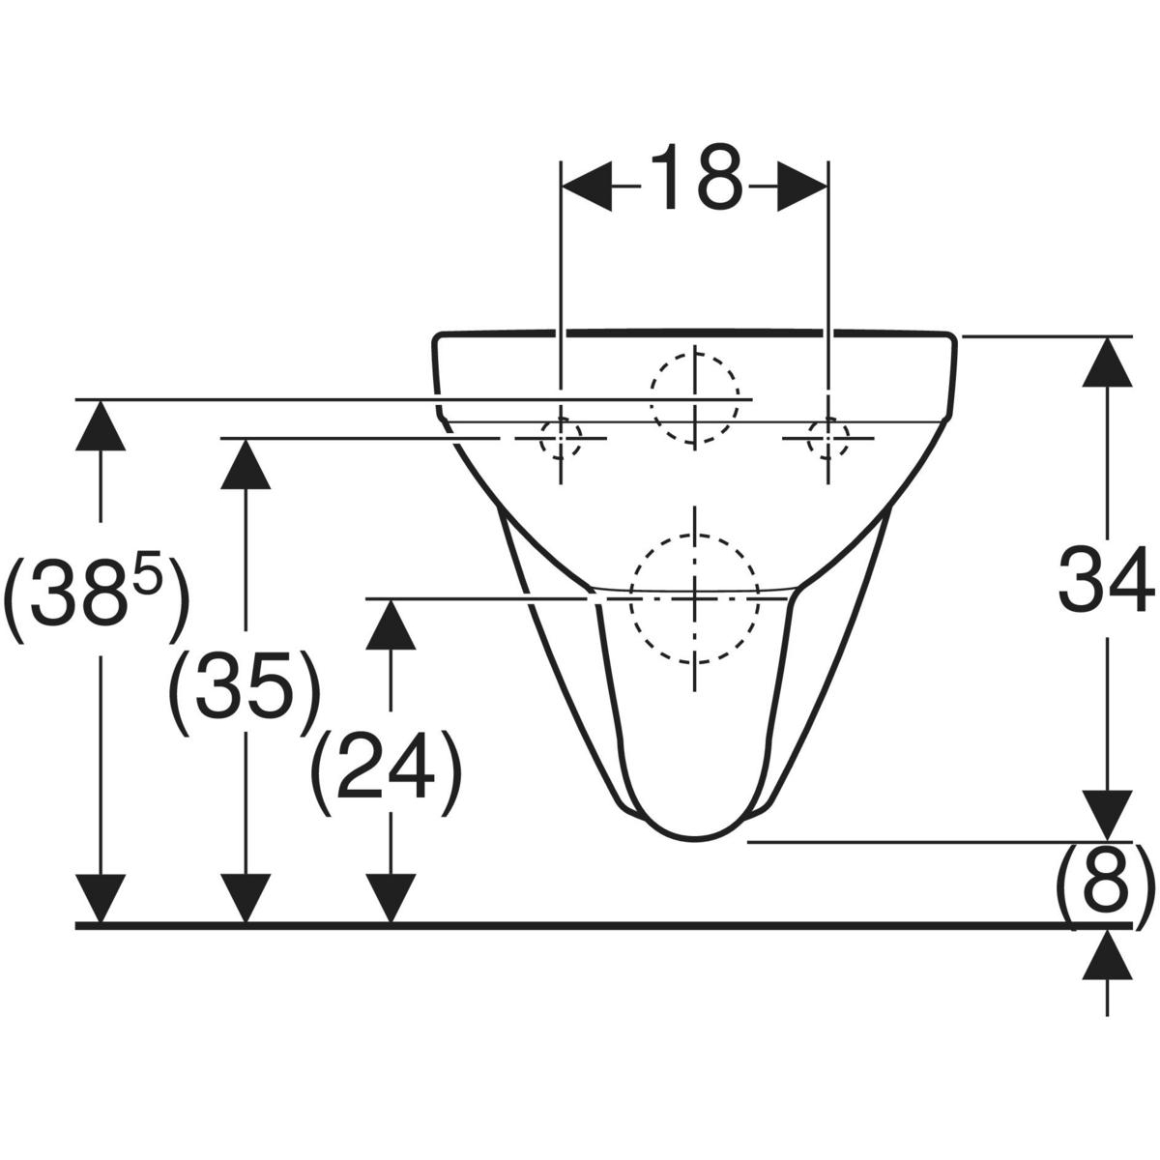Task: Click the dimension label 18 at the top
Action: (695, 178)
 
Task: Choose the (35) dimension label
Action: (244, 692)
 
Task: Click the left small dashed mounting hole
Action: (561, 438)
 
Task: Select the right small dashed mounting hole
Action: (828, 438)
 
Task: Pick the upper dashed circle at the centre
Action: (695, 399)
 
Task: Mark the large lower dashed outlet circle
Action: (695, 599)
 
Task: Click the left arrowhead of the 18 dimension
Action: (587, 187)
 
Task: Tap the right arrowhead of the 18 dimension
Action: (802, 187)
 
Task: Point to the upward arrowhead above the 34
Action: (1107, 362)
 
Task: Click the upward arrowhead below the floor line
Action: (1107, 954)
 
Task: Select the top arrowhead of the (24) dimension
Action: (391, 624)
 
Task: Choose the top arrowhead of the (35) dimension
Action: (246, 464)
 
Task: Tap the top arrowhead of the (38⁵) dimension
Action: (101, 425)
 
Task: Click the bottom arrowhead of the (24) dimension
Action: (391, 898)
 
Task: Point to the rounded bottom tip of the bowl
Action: (695, 840)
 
